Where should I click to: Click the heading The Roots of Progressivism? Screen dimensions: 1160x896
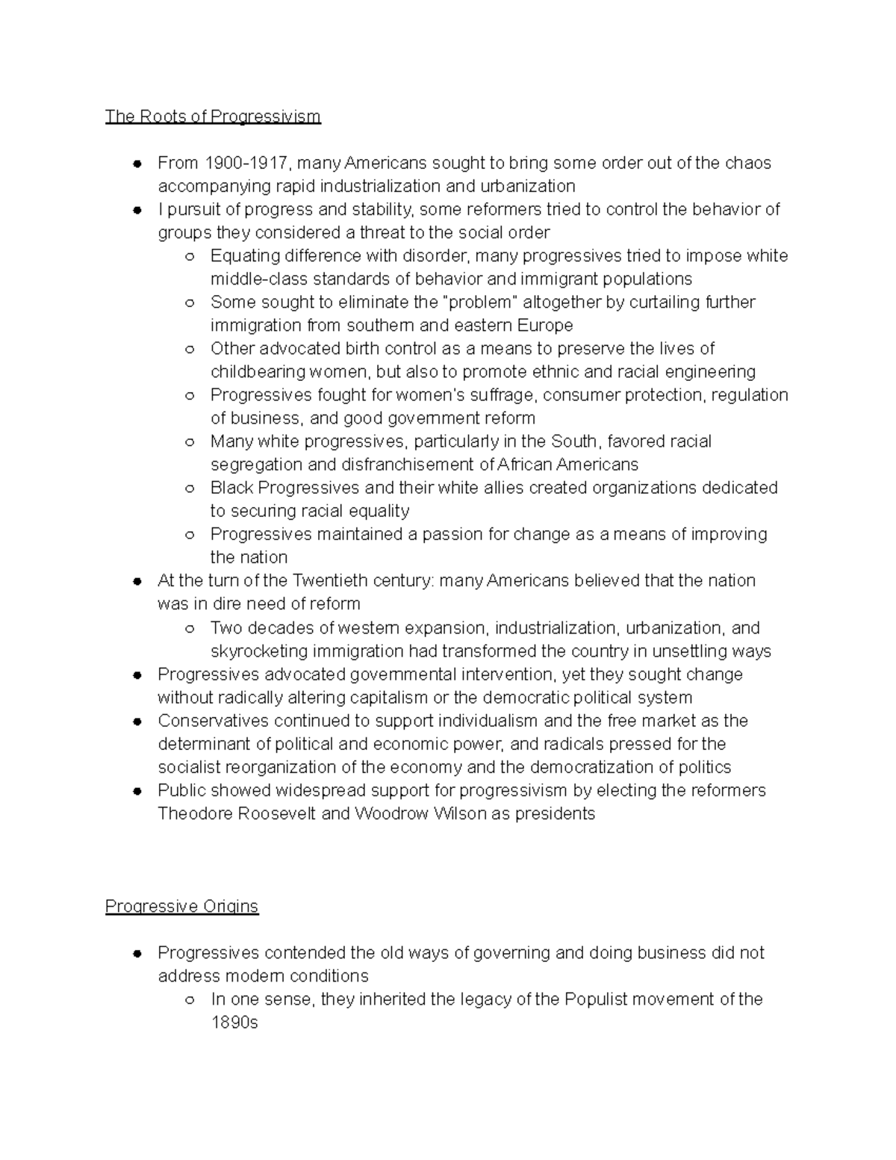[213, 117]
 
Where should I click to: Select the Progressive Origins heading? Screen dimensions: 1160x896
[181, 906]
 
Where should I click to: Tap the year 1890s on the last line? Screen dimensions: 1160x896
[234, 1023]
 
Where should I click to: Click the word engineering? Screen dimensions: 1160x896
[710, 372]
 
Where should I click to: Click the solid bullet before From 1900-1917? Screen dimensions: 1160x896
[137, 164]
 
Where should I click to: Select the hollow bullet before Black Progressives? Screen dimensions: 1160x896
[190, 488]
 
